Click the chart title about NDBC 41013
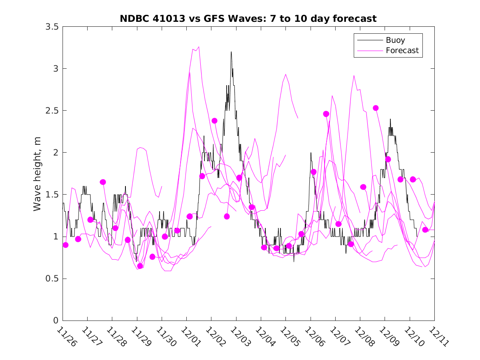tap(248, 19)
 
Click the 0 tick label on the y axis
tap(55, 321)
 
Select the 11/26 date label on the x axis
tap(67, 337)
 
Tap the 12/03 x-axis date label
tap(240, 337)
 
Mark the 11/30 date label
tap(166, 337)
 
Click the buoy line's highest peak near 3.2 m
tap(231, 52)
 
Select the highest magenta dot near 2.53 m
tap(376, 108)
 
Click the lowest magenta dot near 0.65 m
tap(140, 266)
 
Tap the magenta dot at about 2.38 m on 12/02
tap(214, 121)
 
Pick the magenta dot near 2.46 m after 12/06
tap(326, 114)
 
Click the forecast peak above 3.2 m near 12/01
tap(199, 47)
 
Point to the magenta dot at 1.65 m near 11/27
tap(103, 182)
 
